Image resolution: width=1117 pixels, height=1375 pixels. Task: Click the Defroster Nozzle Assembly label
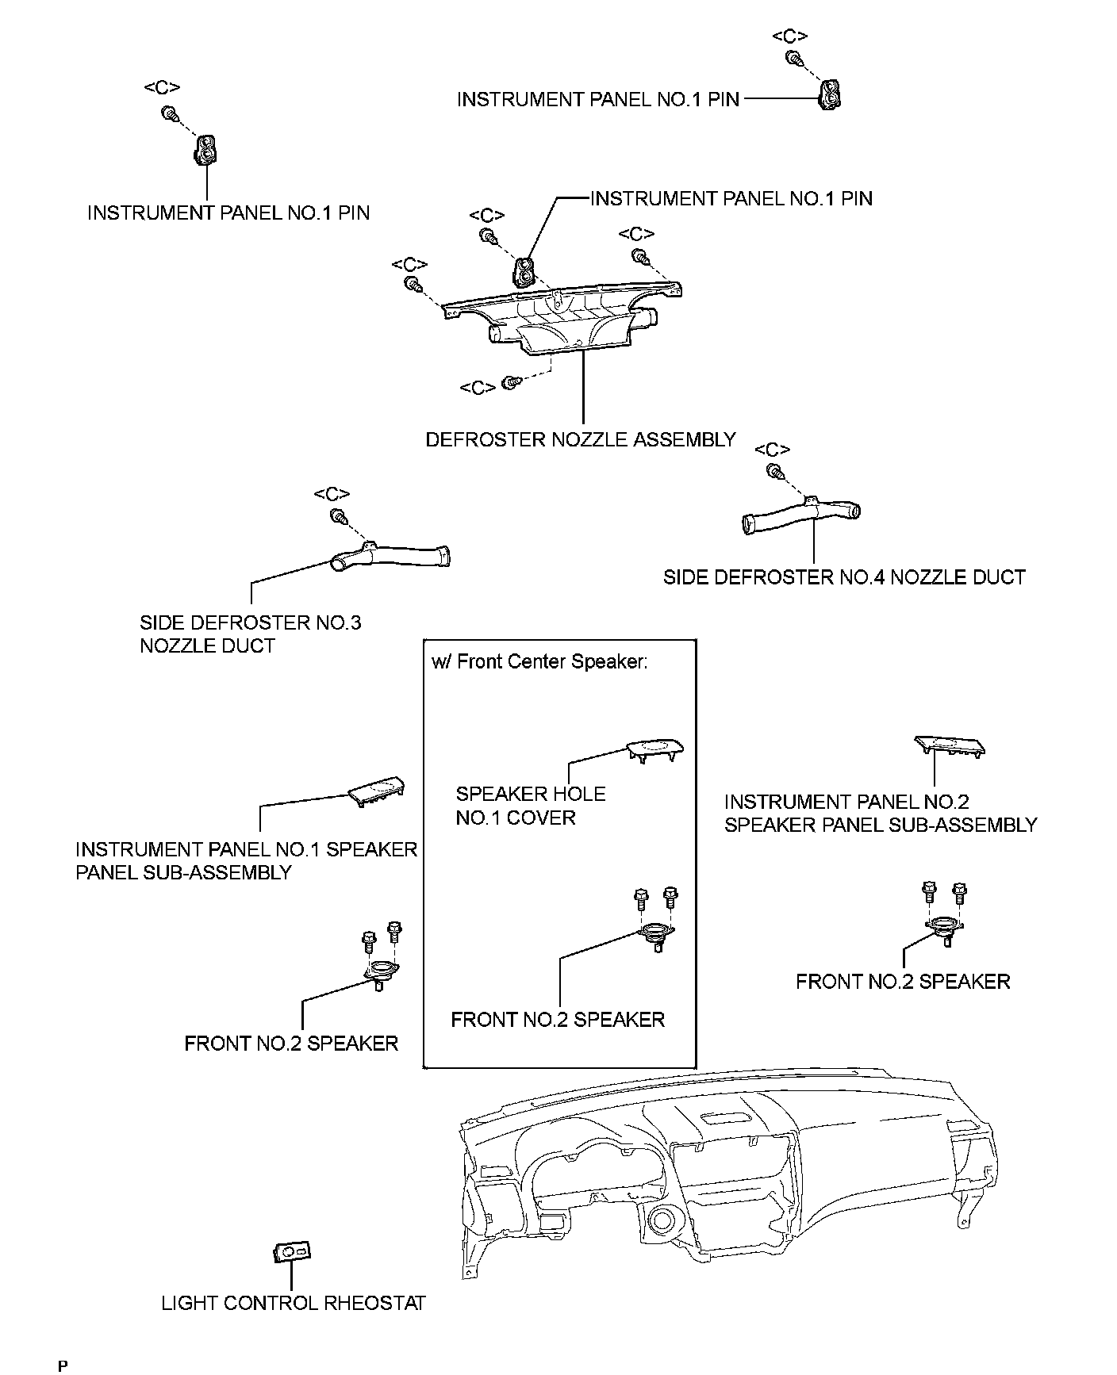tap(581, 439)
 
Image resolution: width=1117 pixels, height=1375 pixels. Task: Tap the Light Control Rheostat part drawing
tap(291, 1251)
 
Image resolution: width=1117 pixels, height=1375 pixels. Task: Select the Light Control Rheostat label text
tap(294, 1303)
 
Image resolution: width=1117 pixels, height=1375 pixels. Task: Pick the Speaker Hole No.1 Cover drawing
tap(654, 749)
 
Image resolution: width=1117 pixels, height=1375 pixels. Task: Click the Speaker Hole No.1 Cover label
tap(530, 806)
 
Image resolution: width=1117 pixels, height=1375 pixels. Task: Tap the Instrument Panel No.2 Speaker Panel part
tap(950, 745)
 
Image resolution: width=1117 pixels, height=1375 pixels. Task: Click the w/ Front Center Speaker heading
tap(539, 662)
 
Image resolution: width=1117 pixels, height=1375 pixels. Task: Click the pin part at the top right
tap(830, 94)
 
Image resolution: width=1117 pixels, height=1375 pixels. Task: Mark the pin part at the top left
tap(206, 149)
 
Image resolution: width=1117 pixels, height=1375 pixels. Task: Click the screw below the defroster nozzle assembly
tap(512, 382)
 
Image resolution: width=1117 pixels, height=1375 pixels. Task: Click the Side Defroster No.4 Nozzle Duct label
tap(844, 577)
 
